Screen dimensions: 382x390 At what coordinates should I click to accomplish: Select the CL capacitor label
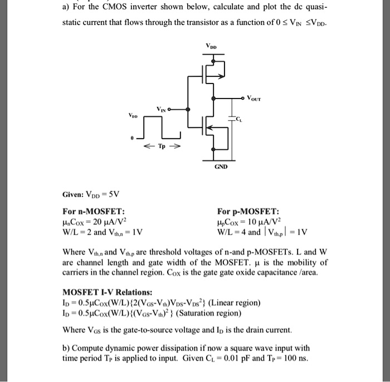point(239,119)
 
